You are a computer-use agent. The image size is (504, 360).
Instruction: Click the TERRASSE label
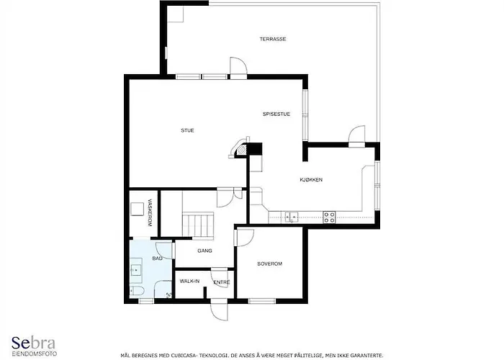pos(273,39)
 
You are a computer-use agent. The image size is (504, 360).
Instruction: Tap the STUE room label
pos(187,130)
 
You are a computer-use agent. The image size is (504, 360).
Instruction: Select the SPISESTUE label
pos(276,114)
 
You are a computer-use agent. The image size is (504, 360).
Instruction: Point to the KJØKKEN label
pos(311,180)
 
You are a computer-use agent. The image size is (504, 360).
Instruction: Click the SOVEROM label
pos(270,264)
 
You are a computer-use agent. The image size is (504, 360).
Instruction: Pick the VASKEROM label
pos(150,213)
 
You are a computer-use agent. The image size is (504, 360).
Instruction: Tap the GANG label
pos(204,251)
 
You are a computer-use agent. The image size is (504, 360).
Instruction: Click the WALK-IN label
pos(189,282)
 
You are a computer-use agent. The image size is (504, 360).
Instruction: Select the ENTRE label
pos(222,282)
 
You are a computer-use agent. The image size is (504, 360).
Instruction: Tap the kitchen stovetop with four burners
pos(329,217)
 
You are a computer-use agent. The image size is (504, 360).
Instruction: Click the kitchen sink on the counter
pos(291,217)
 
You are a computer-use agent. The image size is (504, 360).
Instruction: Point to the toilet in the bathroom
pos(136,291)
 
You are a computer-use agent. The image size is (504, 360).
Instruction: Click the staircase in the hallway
pos(198,225)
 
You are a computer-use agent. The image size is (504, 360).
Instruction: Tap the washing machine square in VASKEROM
pos(137,210)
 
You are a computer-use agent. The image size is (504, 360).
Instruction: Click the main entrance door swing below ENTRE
pos(220,310)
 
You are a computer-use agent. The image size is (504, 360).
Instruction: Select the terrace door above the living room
pos(238,68)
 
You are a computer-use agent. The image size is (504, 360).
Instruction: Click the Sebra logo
pos(34,346)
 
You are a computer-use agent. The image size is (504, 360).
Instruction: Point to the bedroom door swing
pos(244,238)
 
